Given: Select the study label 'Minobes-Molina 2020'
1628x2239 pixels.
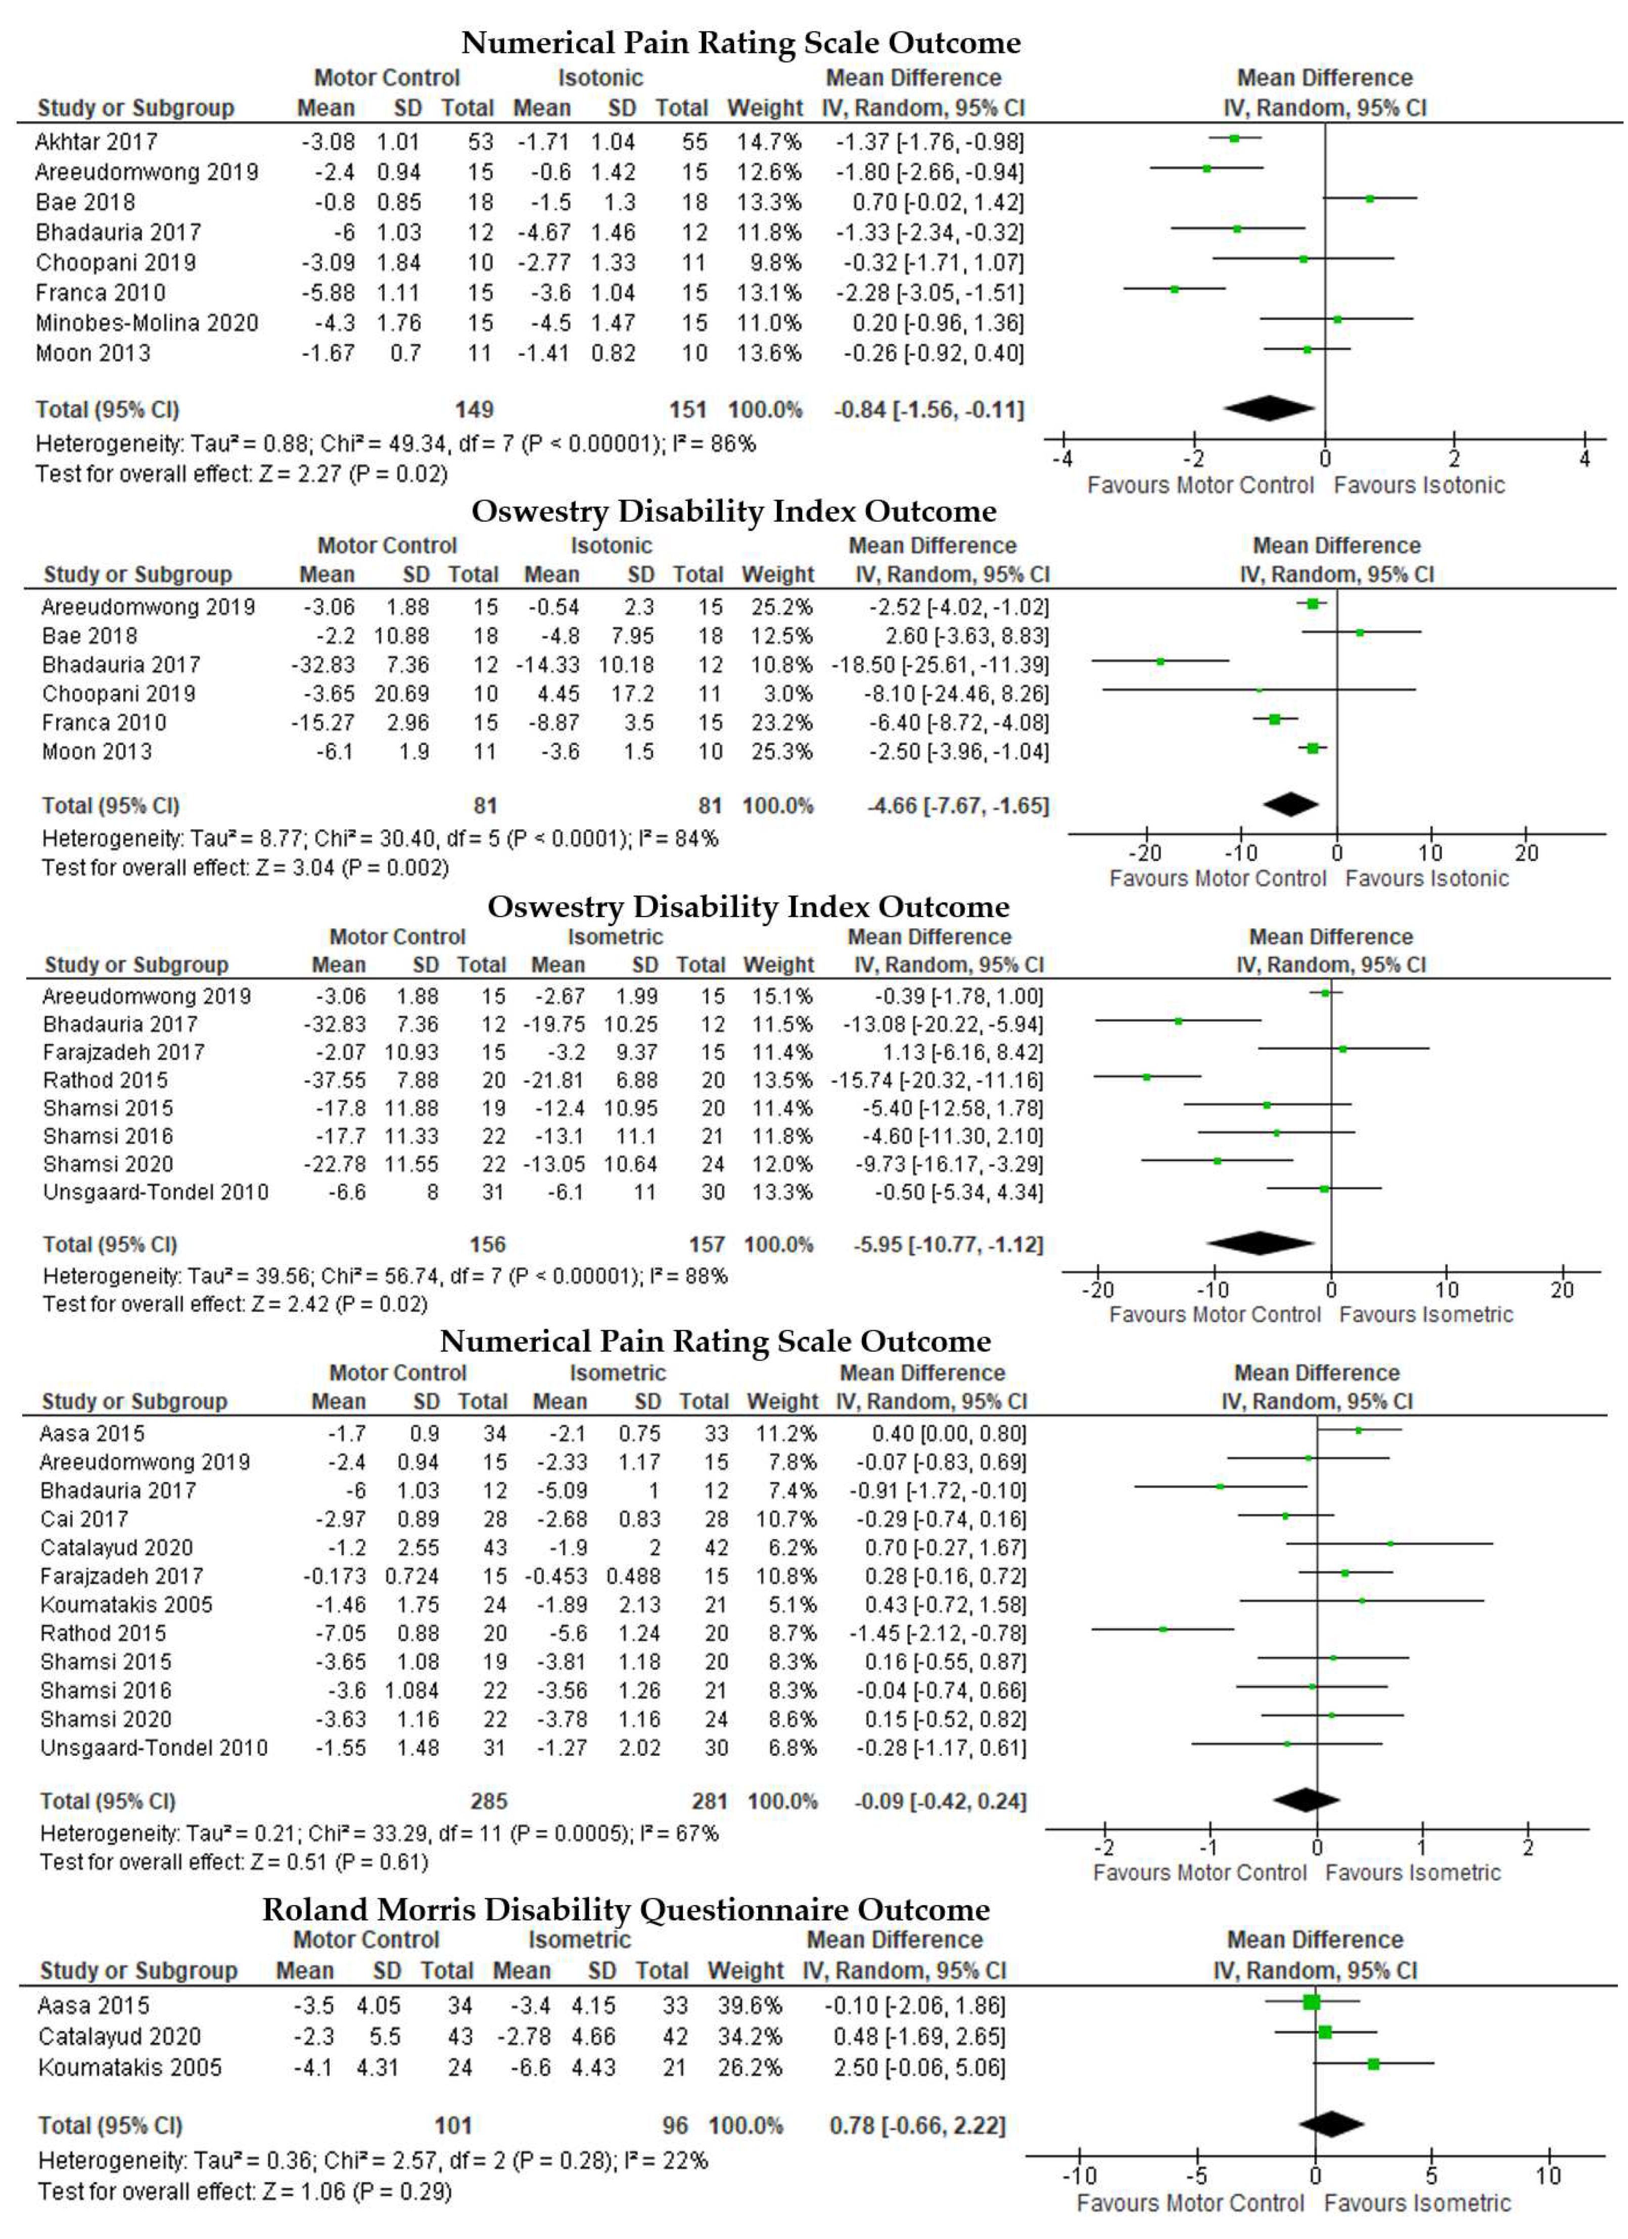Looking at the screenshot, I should point(147,323).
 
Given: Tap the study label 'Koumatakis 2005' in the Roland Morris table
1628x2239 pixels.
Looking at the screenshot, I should point(129,2067).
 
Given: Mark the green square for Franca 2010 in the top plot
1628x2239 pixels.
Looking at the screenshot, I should point(1174,289).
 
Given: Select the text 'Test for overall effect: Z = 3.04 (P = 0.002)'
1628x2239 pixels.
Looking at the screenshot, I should point(245,868).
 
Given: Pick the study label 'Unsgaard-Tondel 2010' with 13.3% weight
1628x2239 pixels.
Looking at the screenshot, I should point(155,1193).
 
